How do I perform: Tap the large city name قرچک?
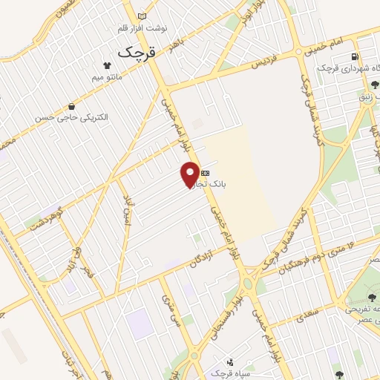coord(138,52)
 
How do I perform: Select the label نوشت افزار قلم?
coord(143,27)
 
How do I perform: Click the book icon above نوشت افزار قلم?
coord(142,16)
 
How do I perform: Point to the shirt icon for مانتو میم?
coord(117,65)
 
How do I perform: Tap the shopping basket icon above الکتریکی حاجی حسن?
coord(71,106)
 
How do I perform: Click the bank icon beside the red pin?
coord(205,171)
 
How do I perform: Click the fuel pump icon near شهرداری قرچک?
coord(355,56)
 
